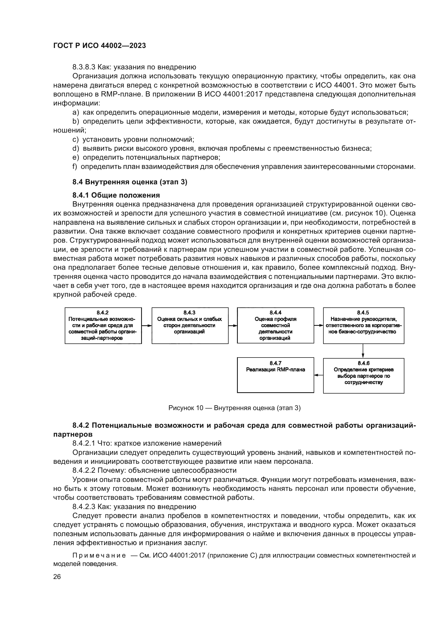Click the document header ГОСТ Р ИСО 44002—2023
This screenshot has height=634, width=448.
click(100, 46)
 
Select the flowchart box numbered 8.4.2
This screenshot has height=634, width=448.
click(103, 326)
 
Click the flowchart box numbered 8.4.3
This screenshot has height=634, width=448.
click(190, 326)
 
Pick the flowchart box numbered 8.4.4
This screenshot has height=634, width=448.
click(275, 326)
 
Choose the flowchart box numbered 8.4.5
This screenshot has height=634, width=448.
click(363, 326)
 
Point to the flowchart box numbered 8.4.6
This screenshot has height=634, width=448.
click(363, 375)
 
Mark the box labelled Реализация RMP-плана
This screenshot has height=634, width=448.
click(275, 375)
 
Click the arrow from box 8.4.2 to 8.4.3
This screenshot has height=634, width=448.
click(147, 326)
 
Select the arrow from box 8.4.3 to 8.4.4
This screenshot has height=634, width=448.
click(233, 326)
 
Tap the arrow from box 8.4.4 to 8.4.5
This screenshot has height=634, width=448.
click(319, 326)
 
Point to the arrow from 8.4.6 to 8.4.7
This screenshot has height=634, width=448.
click(319, 375)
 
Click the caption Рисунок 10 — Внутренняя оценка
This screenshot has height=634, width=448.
click(234, 408)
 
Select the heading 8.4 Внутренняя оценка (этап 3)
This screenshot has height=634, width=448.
click(130, 182)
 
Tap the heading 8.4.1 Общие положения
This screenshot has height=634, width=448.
click(116, 195)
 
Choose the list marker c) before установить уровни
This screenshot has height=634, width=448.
click(75, 140)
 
